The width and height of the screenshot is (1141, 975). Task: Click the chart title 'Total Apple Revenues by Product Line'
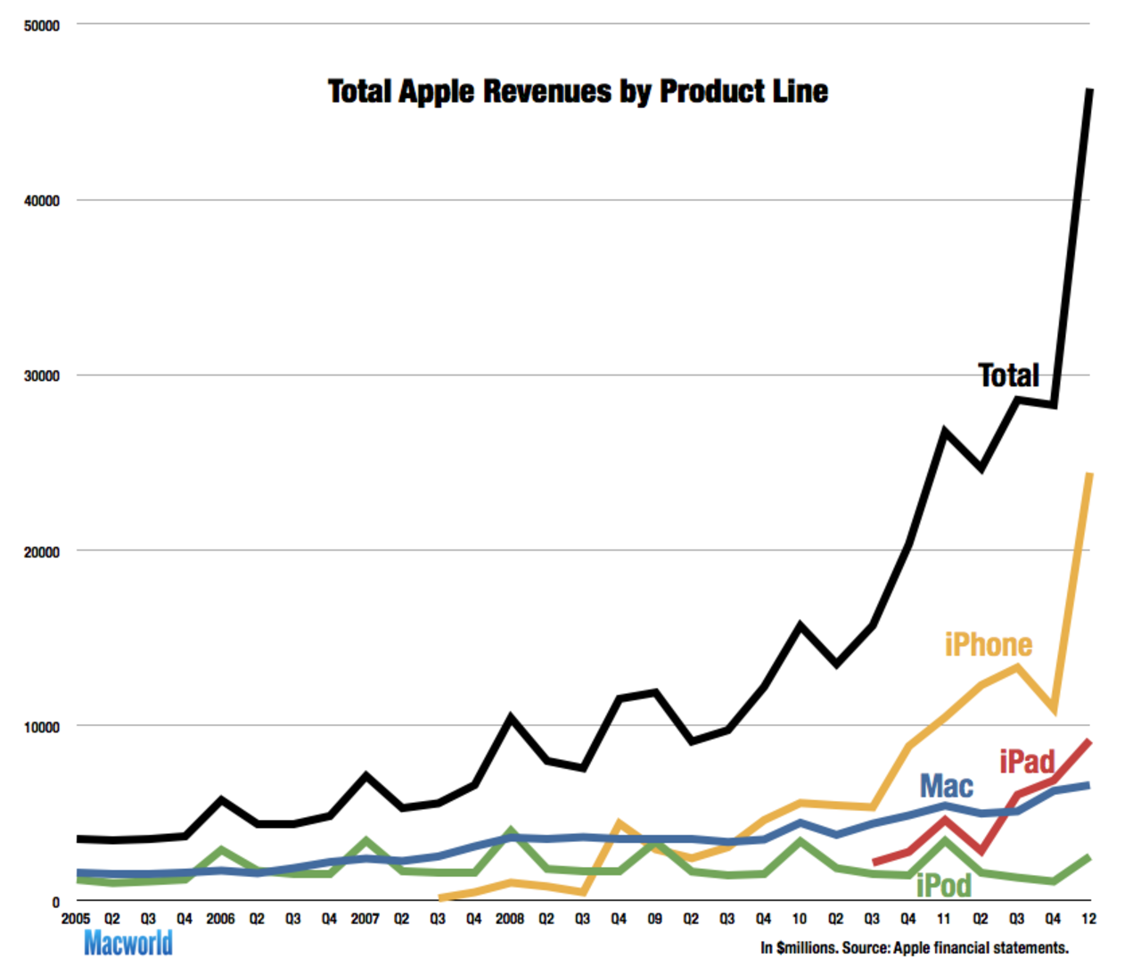[x=578, y=91]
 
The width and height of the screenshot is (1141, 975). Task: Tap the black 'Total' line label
[x=1008, y=376]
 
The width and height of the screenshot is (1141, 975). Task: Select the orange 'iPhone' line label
[x=988, y=644]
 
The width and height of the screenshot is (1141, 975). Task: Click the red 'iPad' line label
[x=1027, y=762]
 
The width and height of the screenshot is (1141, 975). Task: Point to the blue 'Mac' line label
[x=946, y=786]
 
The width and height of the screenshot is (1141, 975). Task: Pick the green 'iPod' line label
[x=943, y=885]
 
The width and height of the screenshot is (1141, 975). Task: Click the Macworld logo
[x=128, y=943]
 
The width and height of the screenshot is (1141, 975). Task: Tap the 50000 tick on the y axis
[x=42, y=26]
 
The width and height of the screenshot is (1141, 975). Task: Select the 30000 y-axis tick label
[x=42, y=376]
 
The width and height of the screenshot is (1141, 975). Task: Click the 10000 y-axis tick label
[x=42, y=727]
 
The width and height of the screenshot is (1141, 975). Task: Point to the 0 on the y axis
[x=55, y=902]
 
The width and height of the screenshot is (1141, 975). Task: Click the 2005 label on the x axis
[x=76, y=918]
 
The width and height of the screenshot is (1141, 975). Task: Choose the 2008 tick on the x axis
[x=510, y=918]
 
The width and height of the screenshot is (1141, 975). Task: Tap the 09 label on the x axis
[x=654, y=918]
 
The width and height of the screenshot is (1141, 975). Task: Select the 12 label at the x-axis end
[x=1088, y=918]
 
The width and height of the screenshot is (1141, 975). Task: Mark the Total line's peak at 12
[x=1089, y=90]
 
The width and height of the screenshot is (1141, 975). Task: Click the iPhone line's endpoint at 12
[x=1089, y=475]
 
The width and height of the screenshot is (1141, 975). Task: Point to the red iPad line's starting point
[x=874, y=863]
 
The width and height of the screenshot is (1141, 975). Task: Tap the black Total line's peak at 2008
[x=510, y=717]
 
